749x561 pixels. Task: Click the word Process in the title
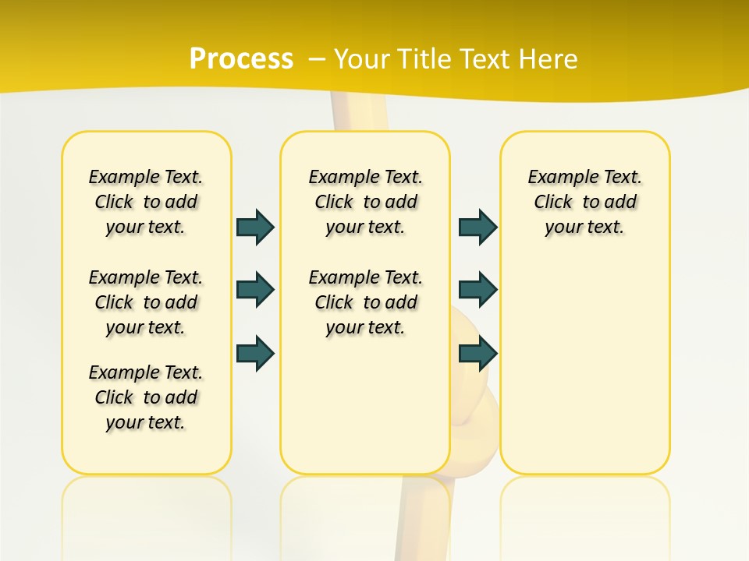241,58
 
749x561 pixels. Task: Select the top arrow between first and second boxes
255,227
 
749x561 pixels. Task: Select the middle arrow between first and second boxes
255,290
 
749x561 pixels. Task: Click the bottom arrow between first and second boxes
255,353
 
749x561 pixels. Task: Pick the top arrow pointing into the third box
477,227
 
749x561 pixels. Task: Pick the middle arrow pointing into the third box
477,290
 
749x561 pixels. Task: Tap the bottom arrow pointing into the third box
477,353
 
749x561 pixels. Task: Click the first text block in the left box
146,202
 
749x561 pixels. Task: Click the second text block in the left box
146,302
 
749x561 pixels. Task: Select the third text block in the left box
146,397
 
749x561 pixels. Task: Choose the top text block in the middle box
365,202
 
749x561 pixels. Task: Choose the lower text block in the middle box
365,302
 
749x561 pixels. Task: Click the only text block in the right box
584,202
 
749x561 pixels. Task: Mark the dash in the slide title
317,60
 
